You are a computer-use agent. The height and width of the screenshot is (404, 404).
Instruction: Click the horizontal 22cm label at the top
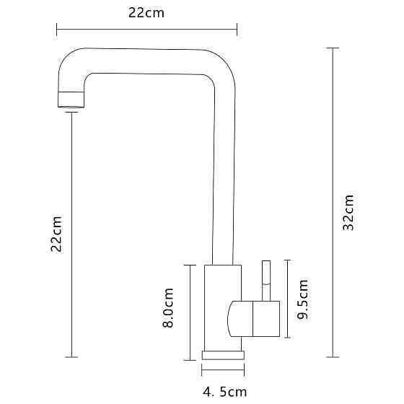[146, 13]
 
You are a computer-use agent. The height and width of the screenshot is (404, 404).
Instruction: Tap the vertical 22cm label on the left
[56, 234]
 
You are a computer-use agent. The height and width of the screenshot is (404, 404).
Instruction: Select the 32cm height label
[348, 212]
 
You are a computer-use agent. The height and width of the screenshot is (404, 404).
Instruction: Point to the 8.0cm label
[168, 307]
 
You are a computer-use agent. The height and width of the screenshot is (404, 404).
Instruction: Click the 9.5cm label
[302, 299]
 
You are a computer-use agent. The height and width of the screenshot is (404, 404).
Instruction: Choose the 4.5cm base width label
[224, 392]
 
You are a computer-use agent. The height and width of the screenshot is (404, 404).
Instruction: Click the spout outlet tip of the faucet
[71, 100]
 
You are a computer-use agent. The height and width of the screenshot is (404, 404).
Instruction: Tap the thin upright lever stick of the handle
[266, 281]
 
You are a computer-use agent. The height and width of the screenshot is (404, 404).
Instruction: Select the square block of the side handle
[266, 319]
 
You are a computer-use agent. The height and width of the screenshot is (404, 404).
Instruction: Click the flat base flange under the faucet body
[223, 355]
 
